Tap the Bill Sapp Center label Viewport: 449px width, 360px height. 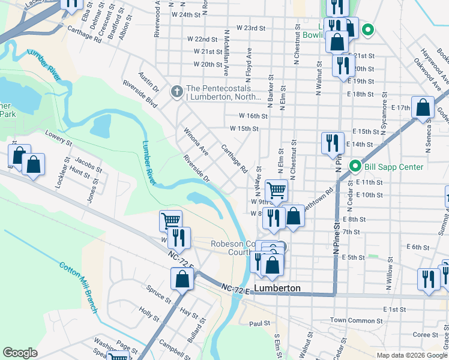click(393, 167)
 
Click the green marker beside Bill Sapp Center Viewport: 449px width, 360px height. click(355, 167)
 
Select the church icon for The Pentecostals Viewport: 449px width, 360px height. click(176, 92)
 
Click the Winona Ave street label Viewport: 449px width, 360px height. click(196, 141)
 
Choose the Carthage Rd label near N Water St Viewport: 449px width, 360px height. click(234, 158)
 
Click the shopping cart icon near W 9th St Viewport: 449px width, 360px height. click(276, 191)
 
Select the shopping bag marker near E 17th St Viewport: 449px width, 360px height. click(423, 108)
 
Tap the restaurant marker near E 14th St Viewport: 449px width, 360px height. click(333, 143)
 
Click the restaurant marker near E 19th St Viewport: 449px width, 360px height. click(343, 65)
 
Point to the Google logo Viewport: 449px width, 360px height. click(20, 353)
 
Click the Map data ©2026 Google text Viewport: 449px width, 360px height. click(412, 355)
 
